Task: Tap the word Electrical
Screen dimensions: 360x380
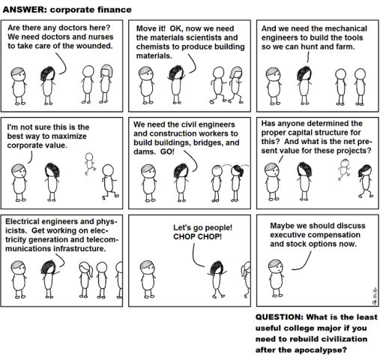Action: (x=25, y=223)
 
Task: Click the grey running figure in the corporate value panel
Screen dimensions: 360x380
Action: (x=89, y=160)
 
